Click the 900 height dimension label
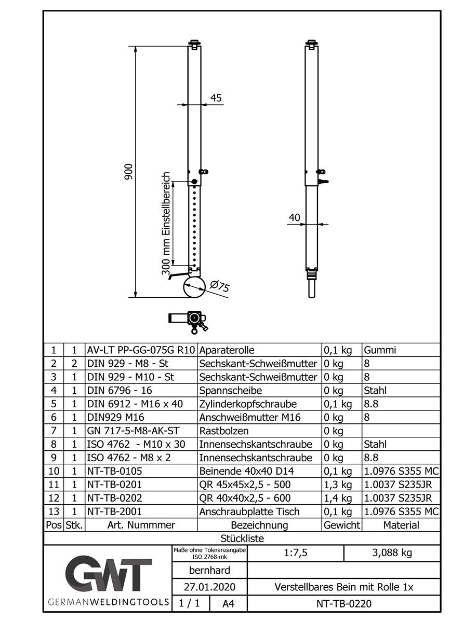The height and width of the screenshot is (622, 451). click(x=129, y=172)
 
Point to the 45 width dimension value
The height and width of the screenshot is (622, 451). click(x=216, y=98)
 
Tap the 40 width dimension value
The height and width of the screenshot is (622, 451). click(x=295, y=218)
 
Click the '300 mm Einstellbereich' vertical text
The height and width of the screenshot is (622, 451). click(x=166, y=223)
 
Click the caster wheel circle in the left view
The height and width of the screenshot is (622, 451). click(x=194, y=287)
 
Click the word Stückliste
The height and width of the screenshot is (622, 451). click(x=242, y=538)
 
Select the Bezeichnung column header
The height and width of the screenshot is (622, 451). click(x=259, y=525)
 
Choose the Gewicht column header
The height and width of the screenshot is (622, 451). click(x=341, y=525)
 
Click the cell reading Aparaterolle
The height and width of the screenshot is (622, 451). click(x=227, y=350)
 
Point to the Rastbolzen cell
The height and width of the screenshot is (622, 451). click(x=224, y=431)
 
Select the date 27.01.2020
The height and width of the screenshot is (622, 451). click(x=209, y=588)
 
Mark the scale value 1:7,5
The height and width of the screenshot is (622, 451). click(x=296, y=553)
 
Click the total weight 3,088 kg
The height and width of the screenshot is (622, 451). click(x=392, y=553)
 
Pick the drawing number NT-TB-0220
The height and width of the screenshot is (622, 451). click(x=343, y=603)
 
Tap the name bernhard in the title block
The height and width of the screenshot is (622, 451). click(x=209, y=571)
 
